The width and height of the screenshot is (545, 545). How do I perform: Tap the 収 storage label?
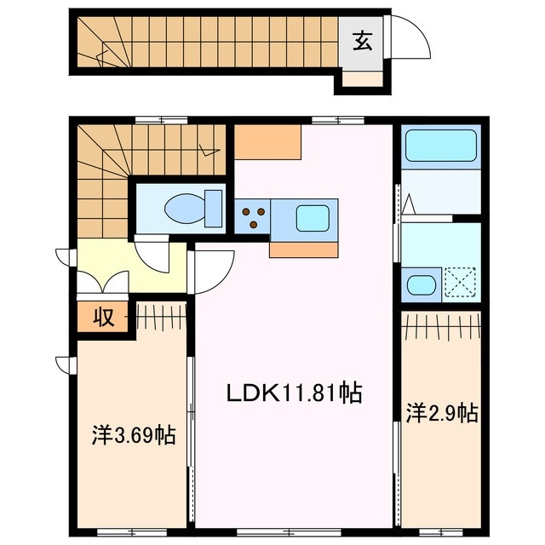click(x=104, y=318)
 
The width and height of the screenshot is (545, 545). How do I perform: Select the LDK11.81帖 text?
click(x=294, y=393)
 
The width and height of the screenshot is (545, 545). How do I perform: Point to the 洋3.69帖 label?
click(x=134, y=436)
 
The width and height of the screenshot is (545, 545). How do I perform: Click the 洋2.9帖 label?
click(x=441, y=414)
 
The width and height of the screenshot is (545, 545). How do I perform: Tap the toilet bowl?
click(x=188, y=208)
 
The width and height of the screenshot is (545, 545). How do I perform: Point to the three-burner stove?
click(x=253, y=217)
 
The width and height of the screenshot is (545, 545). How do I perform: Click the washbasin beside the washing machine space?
click(x=421, y=284)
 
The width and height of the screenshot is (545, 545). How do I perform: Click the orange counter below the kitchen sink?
click(x=304, y=249)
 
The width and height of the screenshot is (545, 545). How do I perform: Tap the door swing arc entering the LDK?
click(x=214, y=271)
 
